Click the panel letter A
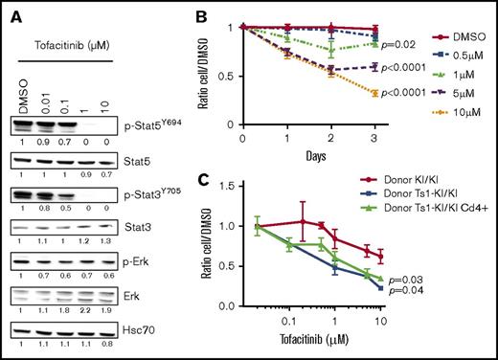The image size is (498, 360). [9, 11]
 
